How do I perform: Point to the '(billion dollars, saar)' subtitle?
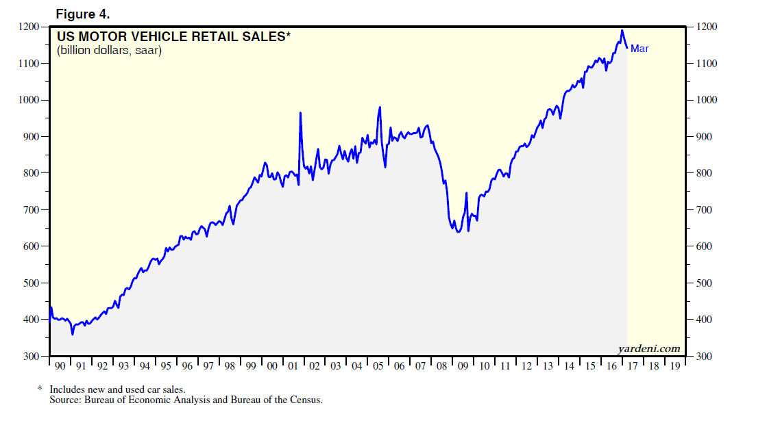pos(109,51)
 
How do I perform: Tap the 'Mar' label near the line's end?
pos(639,49)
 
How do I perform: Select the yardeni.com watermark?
pos(649,348)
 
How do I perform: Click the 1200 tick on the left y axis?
pos(31,27)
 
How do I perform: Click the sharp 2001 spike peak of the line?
pos(300,113)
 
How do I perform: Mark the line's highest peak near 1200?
pos(622,30)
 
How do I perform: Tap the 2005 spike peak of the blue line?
pos(380,107)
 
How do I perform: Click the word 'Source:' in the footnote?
pos(64,399)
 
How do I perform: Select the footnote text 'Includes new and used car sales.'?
pos(117,389)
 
